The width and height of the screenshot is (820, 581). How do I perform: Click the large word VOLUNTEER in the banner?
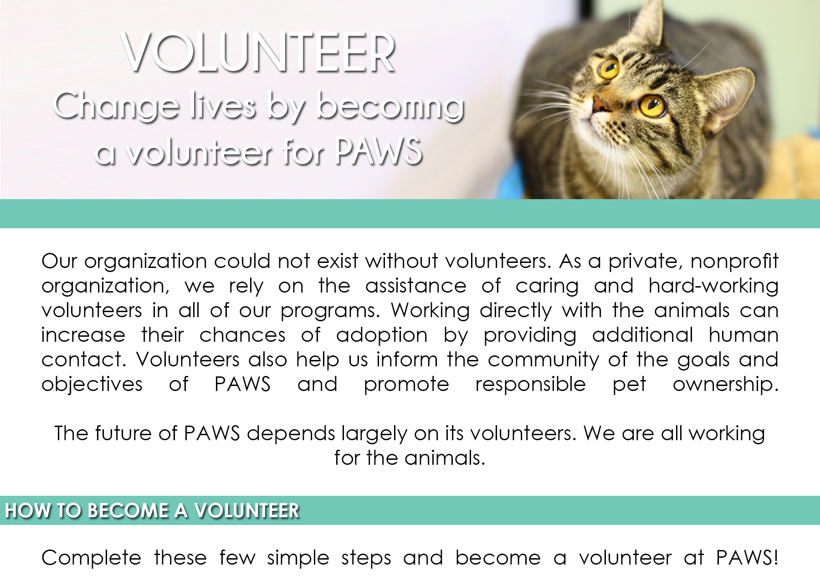pyautogui.click(x=259, y=53)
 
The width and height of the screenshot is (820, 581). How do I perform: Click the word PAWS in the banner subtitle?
pyautogui.click(x=379, y=150)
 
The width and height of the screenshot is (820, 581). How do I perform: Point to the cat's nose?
pyautogui.click(x=600, y=104)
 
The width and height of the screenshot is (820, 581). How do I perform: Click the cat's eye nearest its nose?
pyautogui.click(x=652, y=106)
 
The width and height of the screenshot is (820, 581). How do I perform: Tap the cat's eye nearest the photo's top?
pyautogui.click(x=609, y=68)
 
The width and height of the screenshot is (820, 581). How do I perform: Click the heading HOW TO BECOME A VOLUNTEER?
pyautogui.click(x=152, y=510)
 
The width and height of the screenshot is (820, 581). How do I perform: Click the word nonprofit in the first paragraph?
pyautogui.click(x=734, y=262)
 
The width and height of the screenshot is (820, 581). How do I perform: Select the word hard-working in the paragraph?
pyautogui.click(x=713, y=286)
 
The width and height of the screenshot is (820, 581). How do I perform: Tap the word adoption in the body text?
pyautogui.click(x=382, y=335)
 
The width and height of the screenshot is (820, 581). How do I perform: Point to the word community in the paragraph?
pyautogui.click(x=543, y=360)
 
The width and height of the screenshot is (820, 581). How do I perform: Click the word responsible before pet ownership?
pyautogui.click(x=530, y=384)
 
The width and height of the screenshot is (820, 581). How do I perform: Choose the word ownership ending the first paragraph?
pyautogui.click(x=725, y=384)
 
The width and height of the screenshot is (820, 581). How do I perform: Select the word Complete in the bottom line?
pyautogui.click(x=91, y=558)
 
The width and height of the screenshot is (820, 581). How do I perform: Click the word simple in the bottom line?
pyautogui.click(x=298, y=558)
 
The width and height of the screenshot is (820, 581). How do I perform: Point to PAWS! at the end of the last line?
pyautogui.click(x=747, y=557)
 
